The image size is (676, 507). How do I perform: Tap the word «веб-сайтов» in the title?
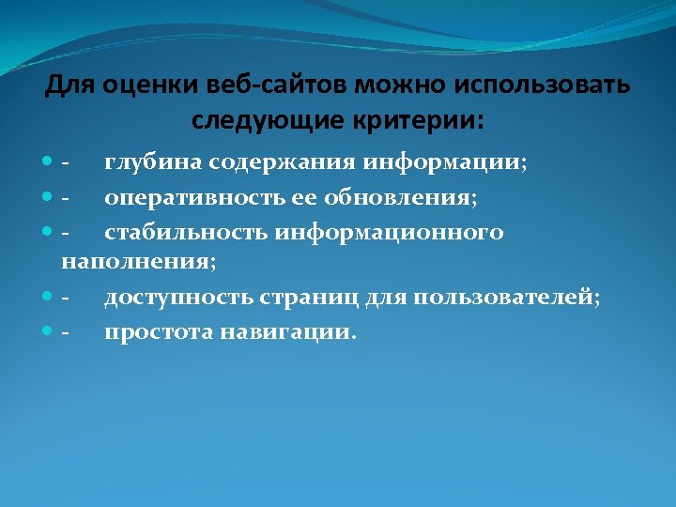click(238, 86)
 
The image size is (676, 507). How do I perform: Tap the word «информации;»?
click(445, 162)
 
